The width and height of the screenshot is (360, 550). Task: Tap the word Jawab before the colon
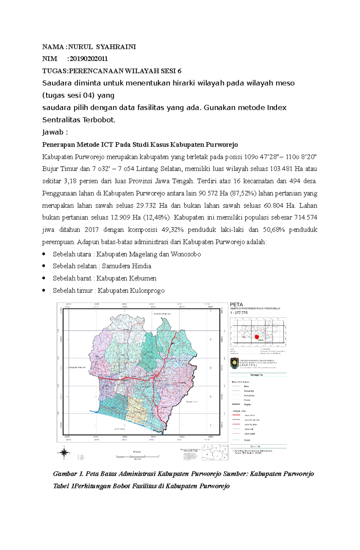pyautogui.click(x=53, y=132)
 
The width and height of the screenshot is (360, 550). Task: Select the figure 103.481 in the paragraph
pyautogui.click(x=281, y=169)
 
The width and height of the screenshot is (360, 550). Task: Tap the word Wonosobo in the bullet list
pyautogui.click(x=186, y=254)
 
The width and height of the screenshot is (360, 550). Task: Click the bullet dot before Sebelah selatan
pyautogui.click(x=44, y=266)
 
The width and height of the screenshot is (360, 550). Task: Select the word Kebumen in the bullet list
pyautogui.click(x=143, y=278)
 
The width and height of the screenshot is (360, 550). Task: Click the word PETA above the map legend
pyautogui.click(x=236, y=305)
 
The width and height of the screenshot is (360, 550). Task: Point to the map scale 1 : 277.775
pyautogui.click(x=239, y=313)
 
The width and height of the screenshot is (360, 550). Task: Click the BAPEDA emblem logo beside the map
pyautogui.click(x=234, y=363)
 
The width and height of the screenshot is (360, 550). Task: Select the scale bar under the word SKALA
pyautogui.click(x=137, y=456)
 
